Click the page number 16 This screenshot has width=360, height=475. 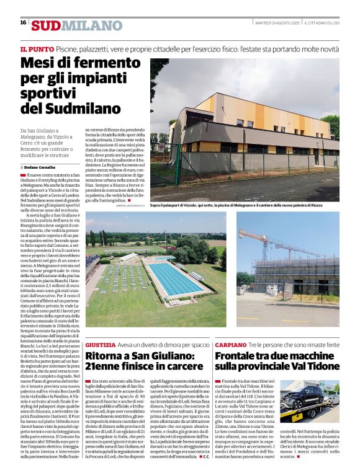coord(23,22)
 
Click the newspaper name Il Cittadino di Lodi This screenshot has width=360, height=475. coord(320,22)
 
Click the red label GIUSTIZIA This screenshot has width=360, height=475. coord(101,344)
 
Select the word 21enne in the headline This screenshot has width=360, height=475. coord(109,366)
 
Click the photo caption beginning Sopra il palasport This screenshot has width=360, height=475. coord(236,205)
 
